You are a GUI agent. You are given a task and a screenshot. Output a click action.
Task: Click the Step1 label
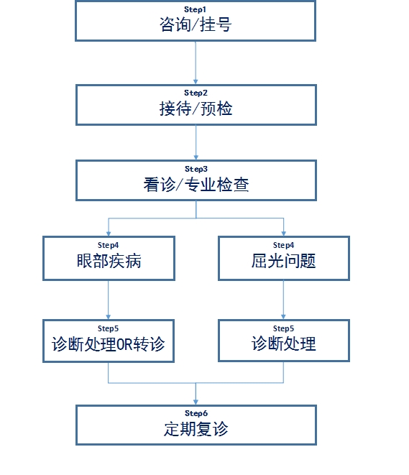(x=195, y=9)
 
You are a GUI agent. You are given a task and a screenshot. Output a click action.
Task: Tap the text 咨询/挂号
(x=196, y=24)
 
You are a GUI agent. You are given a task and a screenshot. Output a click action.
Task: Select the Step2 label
(x=196, y=93)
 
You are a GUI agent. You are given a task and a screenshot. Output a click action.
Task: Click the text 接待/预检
(x=196, y=109)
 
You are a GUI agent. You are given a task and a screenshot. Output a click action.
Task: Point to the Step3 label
(x=196, y=169)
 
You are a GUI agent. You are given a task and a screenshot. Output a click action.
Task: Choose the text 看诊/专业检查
(x=196, y=185)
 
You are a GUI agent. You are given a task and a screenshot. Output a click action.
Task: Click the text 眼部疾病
(x=109, y=261)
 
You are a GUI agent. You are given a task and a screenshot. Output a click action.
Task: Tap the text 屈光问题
(x=284, y=261)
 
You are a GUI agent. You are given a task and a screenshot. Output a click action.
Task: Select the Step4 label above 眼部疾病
(x=108, y=245)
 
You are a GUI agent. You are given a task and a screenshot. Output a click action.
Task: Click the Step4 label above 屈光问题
(x=284, y=245)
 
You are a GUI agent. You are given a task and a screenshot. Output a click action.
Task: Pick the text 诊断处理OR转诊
(x=109, y=344)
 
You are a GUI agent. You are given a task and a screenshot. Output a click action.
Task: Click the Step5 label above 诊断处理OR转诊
(x=108, y=328)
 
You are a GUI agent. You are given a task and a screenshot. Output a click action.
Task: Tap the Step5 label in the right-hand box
(x=284, y=328)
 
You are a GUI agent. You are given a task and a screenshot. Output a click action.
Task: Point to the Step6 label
(x=196, y=413)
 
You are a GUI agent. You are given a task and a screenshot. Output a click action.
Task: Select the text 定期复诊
(x=196, y=429)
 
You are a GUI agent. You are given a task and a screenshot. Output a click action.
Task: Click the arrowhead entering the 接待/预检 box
(x=196, y=82)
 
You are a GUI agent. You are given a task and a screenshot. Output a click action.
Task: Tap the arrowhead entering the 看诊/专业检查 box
(x=196, y=157)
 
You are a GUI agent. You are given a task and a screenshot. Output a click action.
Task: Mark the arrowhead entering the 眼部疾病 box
(x=109, y=234)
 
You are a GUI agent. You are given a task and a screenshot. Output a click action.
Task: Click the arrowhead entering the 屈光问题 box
(x=284, y=234)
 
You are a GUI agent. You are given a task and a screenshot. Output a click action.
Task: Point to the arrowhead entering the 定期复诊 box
(x=196, y=402)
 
